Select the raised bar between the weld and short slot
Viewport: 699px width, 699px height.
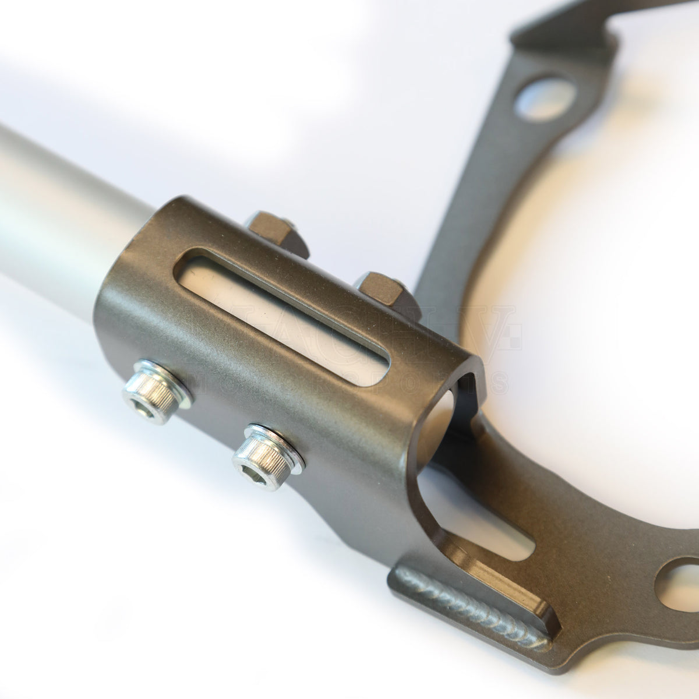tap(495, 577)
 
